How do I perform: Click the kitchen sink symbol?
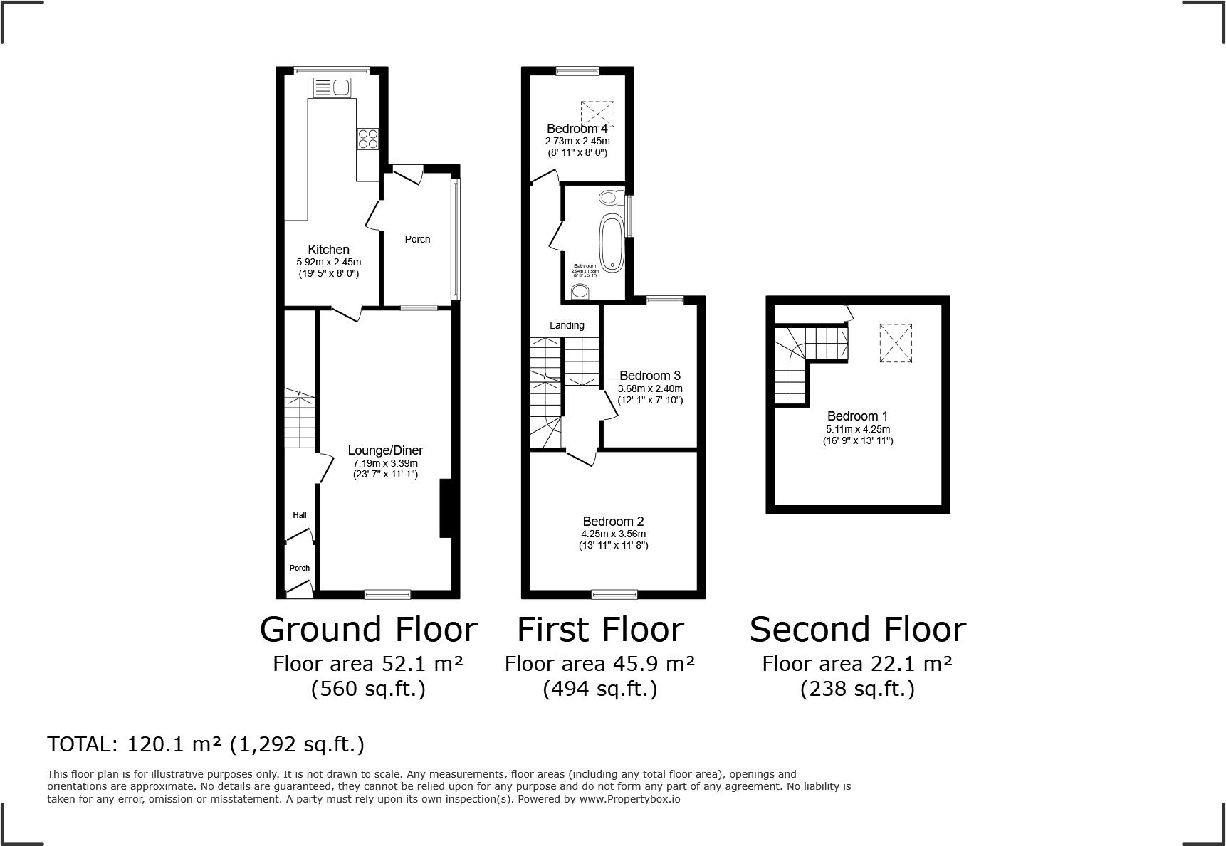pyautogui.click(x=332, y=88)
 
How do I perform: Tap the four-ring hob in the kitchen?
pyautogui.click(x=368, y=138)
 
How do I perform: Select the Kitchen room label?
pyautogui.click(x=328, y=250)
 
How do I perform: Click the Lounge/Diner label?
pyautogui.click(x=385, y=450)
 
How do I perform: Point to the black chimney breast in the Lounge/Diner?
pyautogui.click(x=446, y=508)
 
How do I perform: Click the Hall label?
pyautogui.click(x=300, y=515)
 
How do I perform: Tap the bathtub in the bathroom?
pyautogui.click(x=612, y=241)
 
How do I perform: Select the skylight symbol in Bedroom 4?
pyautogui.click(x=597, y=113)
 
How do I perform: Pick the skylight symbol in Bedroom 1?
pyautogui.click(x=896, y=343)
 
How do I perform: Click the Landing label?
pyautogui.click(x=567, y=325)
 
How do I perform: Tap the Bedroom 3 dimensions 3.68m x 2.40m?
pyautogui.click(x=650, y=388)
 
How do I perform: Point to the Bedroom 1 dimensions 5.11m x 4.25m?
pyautogui.click(x=858, y=429)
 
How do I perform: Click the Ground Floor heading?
pyautogui.click(x=368, y=630)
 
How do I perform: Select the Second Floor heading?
pyautogui.click(x=857, y=630)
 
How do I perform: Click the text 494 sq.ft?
pyautogui.click(x=599, y=689)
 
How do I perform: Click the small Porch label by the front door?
pyautogui.click(x=300, y=568)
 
